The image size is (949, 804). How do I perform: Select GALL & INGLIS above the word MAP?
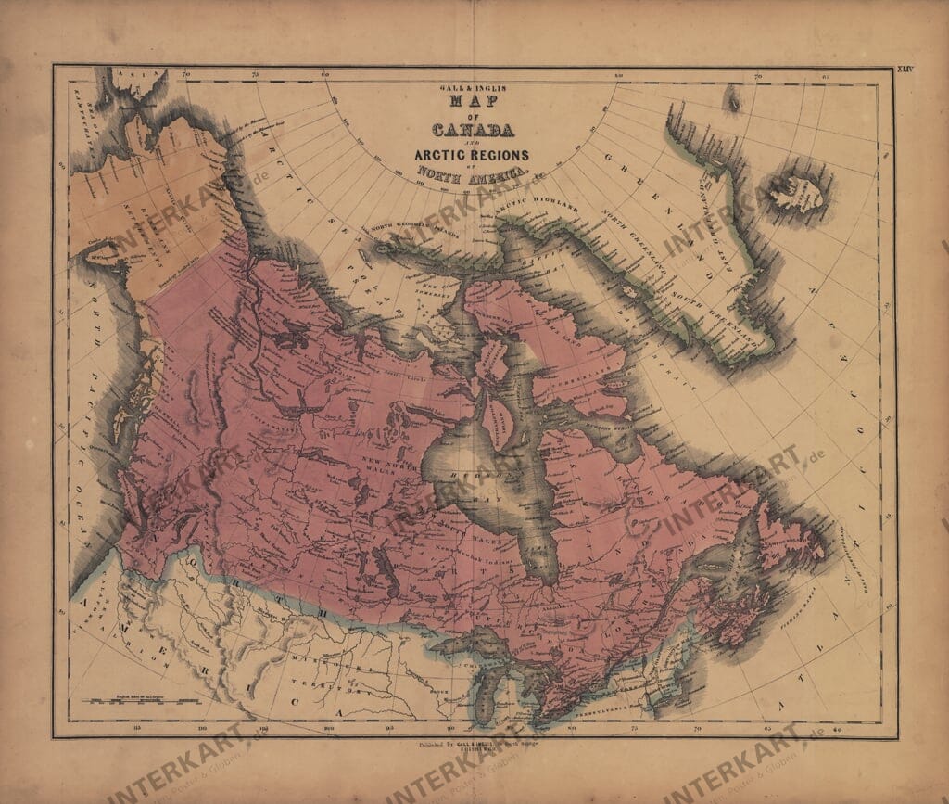(473, 87)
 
